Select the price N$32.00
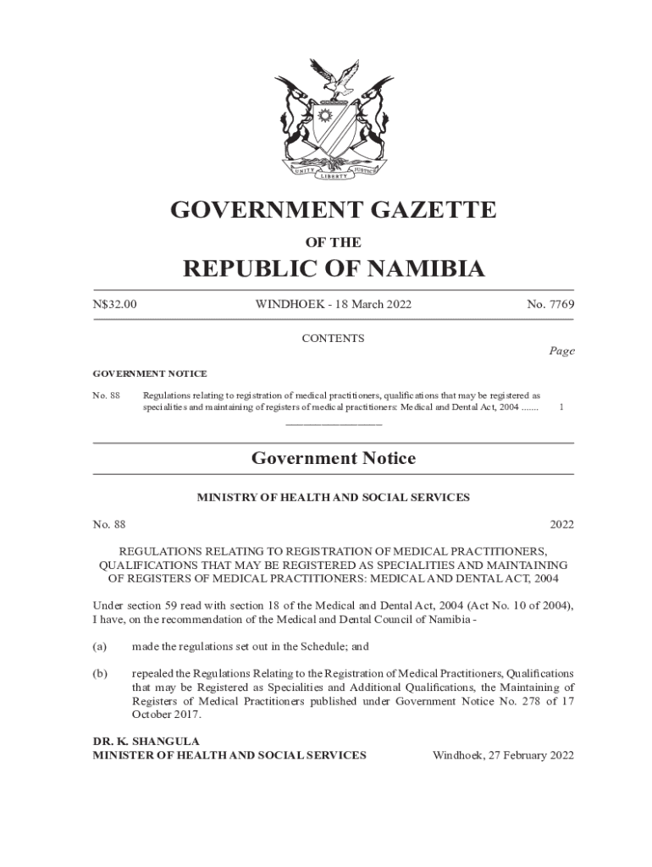click(114, 305)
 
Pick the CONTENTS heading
click(333, 339)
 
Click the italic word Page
click(561, 351)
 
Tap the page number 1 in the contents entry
click(562, 407)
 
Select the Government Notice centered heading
click(333, 459)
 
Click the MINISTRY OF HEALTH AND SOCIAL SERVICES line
click(333, 498)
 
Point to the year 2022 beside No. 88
click(561, 525)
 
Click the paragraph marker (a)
click(100, 646)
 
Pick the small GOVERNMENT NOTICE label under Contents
click(149, 373)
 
